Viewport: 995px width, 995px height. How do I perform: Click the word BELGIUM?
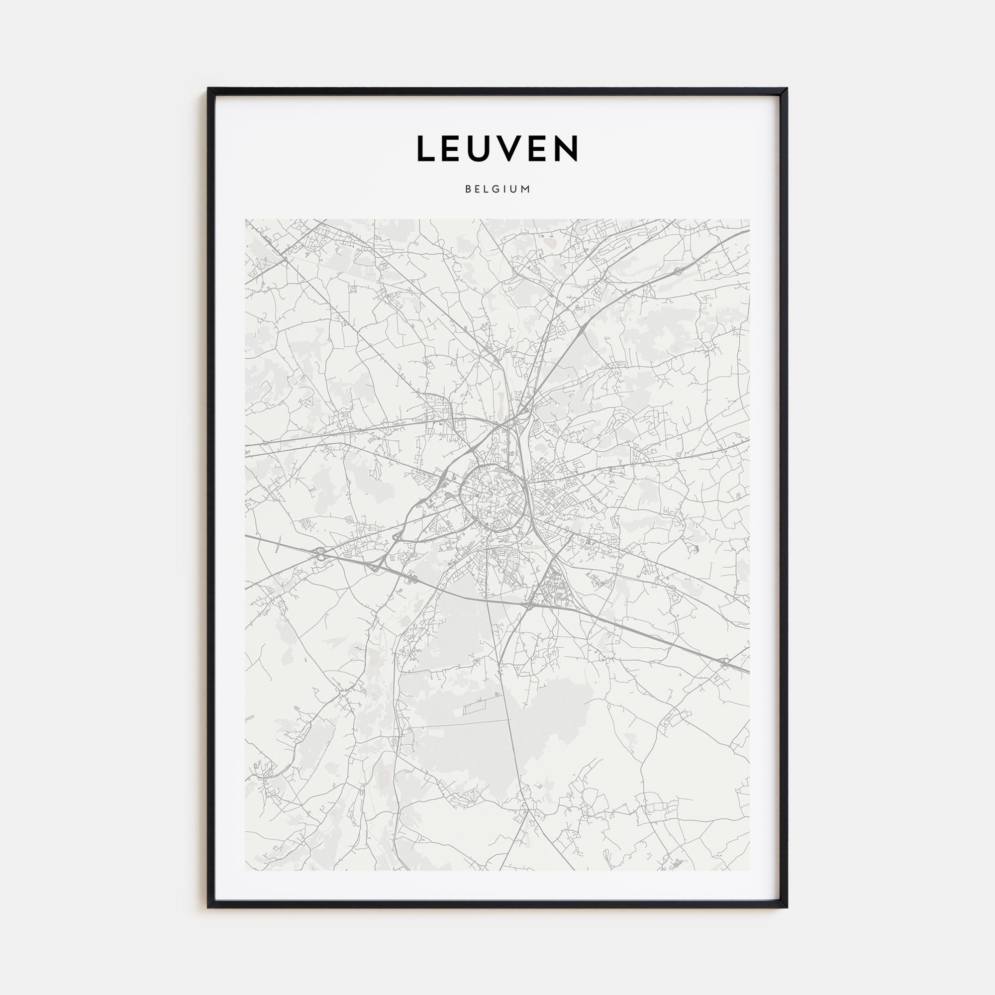(497, 189)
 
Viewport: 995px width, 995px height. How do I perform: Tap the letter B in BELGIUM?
(468, 189)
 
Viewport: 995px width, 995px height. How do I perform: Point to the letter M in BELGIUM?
(526, 189)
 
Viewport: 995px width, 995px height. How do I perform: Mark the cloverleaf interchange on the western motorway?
(320, 554)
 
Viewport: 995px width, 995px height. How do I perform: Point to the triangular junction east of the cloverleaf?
(375, 567)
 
